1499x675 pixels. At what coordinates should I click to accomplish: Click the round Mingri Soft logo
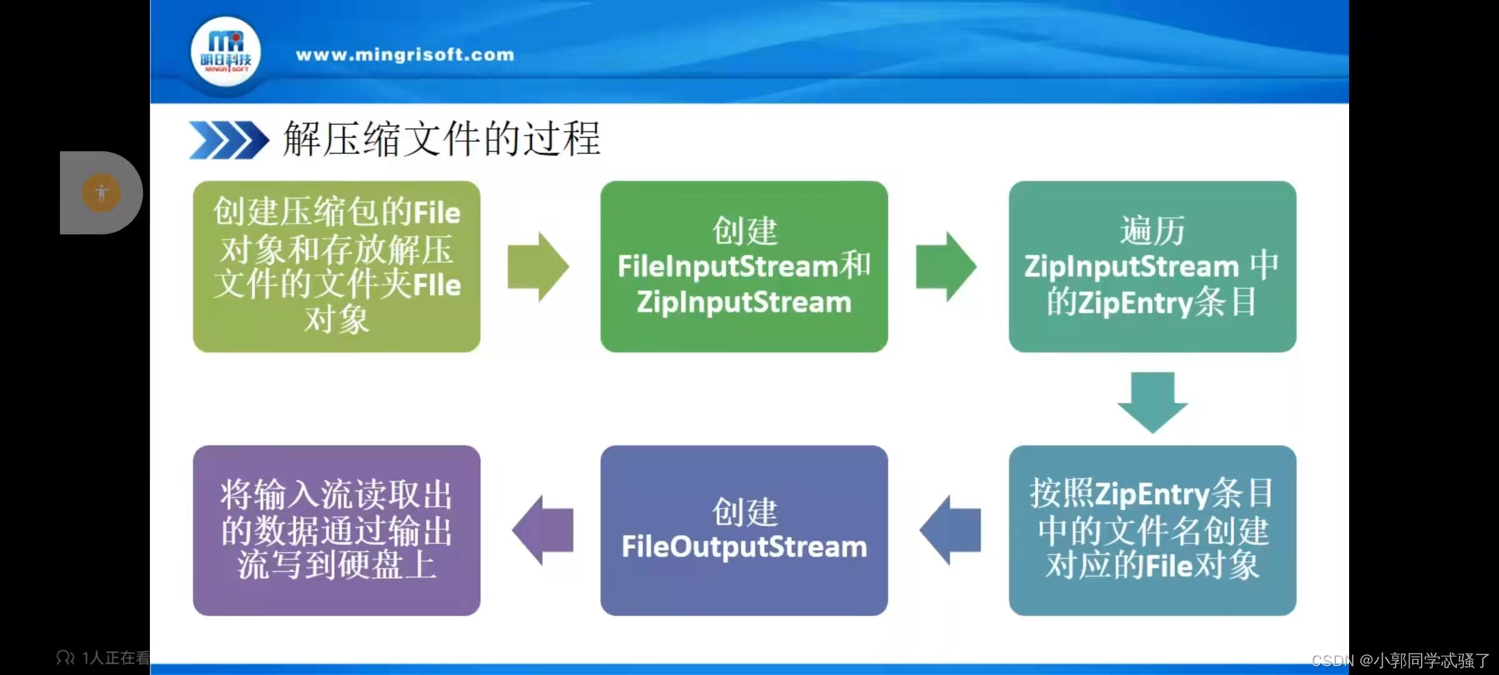[225, 52]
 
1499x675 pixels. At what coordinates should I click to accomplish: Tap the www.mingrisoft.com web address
[405, 55]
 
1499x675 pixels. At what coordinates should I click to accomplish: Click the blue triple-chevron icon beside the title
[228, 139]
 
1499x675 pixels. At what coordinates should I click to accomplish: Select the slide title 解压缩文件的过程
[442, 139]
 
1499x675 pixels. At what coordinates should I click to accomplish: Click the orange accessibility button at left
[101, 192]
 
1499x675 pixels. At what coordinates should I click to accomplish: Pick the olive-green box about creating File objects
[337, 266]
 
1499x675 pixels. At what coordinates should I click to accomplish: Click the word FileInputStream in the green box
[727, 266]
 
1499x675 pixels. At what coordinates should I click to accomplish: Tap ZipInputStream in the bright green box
[744, 302]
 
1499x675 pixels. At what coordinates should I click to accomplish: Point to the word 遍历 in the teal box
[1152, 231]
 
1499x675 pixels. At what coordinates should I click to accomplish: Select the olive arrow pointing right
[538, 267]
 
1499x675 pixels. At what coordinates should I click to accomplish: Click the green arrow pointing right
[946, 267]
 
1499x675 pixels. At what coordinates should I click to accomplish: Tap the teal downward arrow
[1152, 402]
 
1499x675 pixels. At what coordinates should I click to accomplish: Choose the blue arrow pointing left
[950, 530]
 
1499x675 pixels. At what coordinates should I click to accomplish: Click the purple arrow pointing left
[542, 530]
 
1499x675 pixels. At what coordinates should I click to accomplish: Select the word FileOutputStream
[744, 547]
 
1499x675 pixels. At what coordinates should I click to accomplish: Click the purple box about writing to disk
[337, 530]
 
